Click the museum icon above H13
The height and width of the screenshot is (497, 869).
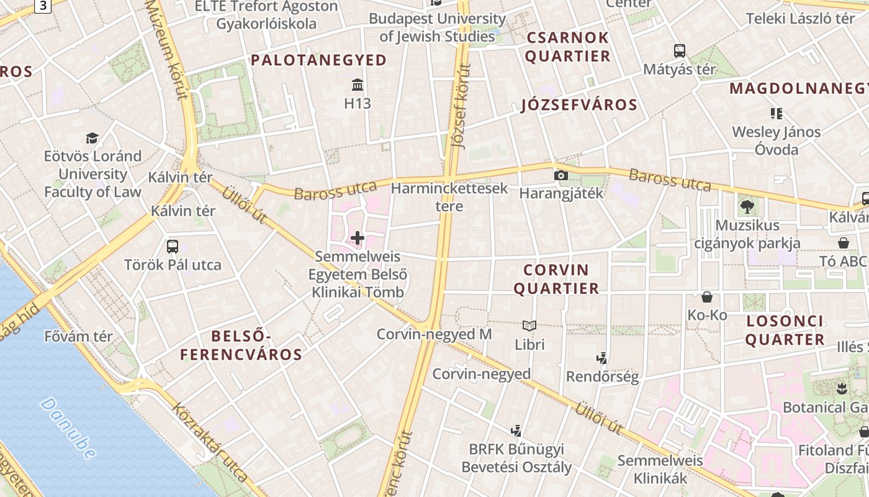point(358,84)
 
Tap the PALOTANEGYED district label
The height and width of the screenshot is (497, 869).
point(319,60)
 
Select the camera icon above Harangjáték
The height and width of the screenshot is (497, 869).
point(561,175)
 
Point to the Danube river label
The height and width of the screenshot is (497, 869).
point(69,429)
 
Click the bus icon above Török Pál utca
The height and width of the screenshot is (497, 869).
point(173,246)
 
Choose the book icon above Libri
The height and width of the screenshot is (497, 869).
point(529,326)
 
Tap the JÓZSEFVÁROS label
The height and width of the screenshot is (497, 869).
point(579,104)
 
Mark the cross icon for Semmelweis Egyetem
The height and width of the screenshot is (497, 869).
point(358,237)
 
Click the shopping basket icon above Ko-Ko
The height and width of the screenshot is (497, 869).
point(707,297)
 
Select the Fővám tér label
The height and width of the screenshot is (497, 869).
point(79,337)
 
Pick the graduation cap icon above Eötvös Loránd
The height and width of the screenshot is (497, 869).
point(92,138)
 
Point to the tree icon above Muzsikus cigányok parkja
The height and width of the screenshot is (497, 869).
point(747,207)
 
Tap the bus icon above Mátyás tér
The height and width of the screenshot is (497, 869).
point(680,51)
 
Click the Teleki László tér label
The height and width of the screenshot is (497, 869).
point(800,19)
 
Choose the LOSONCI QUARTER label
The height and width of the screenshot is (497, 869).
point(785,331)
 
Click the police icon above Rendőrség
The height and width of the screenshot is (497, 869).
point(601,358)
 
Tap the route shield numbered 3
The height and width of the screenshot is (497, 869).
point(42,6)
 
